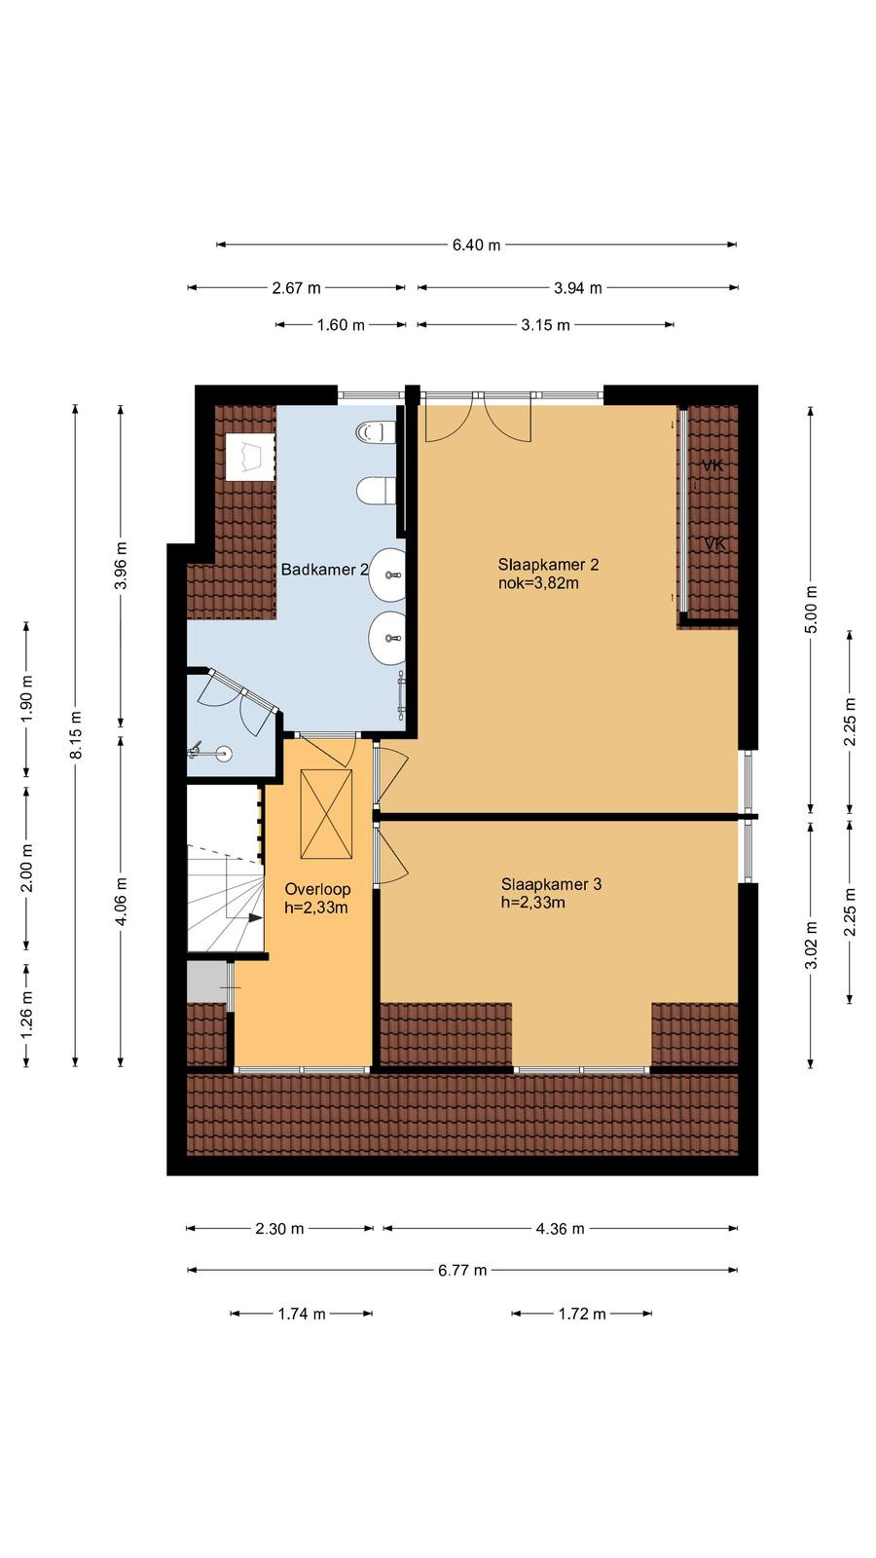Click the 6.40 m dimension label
pos(476,244)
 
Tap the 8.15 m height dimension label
pos(76,734)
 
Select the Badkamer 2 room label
pos(324,570)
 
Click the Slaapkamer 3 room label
pos(551,884)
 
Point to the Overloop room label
pos(317,889)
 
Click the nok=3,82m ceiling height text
pos(539,583)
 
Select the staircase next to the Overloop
pos(225,869)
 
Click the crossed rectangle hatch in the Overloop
pos(326,814)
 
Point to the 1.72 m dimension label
pos(582,1314)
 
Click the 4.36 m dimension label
pos(560,1229)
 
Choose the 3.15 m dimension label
pos(546,325)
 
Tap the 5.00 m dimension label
pos(811,610)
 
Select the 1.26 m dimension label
pos(26,1015)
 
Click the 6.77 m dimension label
pos(462,1271)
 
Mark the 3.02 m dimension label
pos(811,944)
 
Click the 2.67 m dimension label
pos(296,288)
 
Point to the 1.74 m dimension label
pos(302,1314)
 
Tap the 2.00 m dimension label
pos(26,868)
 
